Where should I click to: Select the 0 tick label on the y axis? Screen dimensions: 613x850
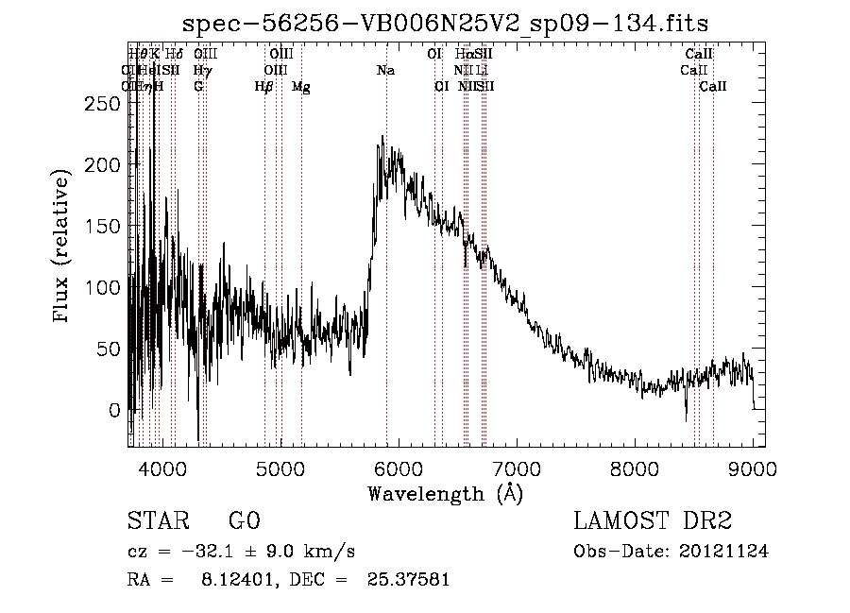click(115, 410)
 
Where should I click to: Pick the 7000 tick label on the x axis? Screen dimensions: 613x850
click(516, 468)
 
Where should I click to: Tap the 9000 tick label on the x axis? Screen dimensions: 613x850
click(753, 468)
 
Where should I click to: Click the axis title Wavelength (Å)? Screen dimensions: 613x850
click(445, 493)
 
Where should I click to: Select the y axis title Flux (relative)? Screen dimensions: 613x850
click(63, 247)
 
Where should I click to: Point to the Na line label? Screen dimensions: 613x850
click(385, 71)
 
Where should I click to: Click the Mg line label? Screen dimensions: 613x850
click(301, 87)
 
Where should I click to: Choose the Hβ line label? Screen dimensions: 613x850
click(264, 87)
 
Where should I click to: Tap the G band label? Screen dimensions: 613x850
click(198, 87)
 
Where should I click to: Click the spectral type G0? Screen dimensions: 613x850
click(244, 521)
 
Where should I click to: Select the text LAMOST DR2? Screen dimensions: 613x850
click(653, 521)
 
